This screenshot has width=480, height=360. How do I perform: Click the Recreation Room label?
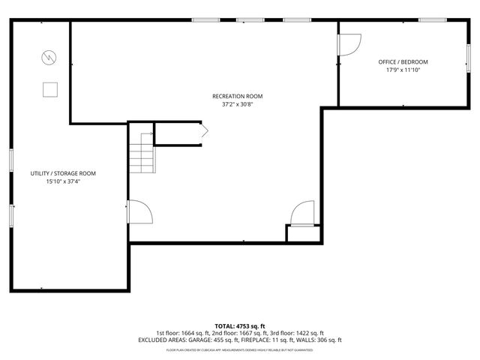(x=237, y=96)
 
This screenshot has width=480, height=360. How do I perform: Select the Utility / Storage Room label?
(x=63, y=173)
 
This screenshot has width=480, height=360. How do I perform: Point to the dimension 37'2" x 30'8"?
(x=237, y=105)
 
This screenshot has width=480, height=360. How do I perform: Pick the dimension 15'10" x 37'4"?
(x=63, y=181)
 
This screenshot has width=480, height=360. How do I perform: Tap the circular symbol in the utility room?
(x=49, y=56)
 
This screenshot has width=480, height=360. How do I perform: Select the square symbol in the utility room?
(x=50, y=88)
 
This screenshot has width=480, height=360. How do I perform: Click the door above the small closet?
(x=303, y=213)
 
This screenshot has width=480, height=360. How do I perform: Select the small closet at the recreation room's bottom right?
(x=304, y=233)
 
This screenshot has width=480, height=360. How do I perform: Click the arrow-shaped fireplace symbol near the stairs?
(x=202, y=131)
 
